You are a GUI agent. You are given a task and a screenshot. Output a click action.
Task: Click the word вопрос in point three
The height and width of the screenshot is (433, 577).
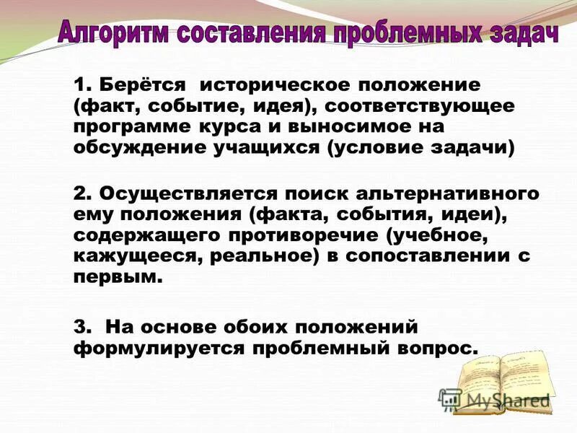(439, 346)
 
